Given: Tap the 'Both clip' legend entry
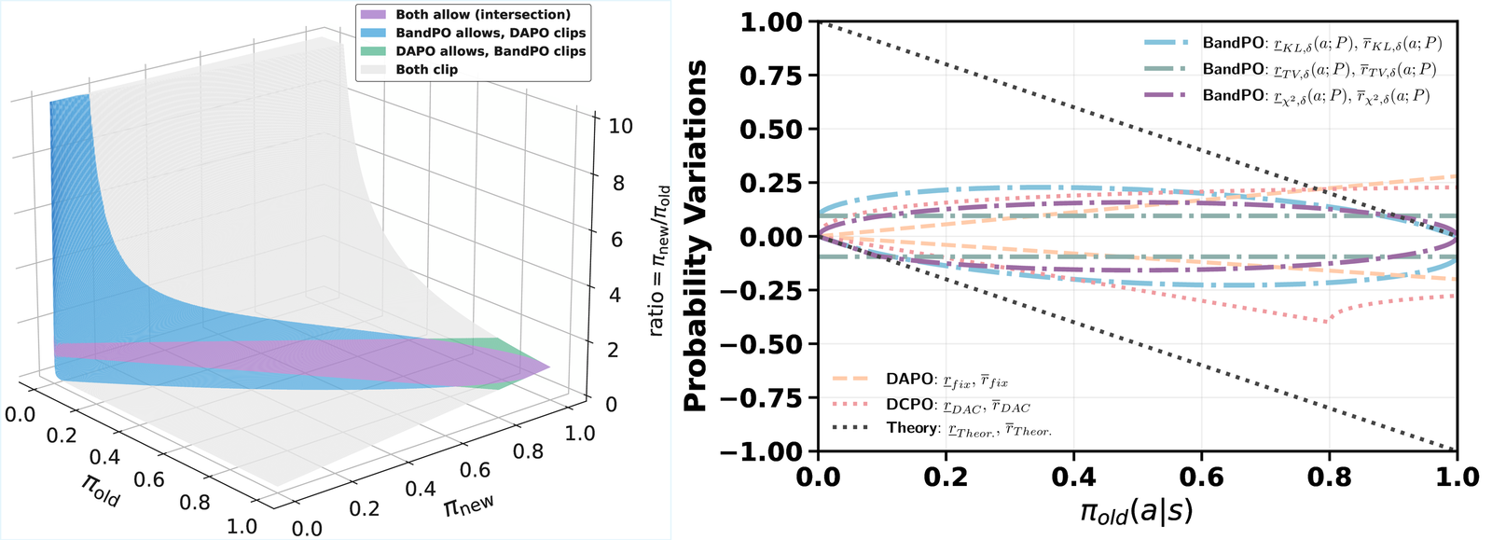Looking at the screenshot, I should (426, 69).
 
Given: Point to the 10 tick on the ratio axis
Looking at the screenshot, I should (620, 127).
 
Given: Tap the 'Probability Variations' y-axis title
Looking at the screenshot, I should (695, 236).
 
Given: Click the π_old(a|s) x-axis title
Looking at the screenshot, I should (1136, 512).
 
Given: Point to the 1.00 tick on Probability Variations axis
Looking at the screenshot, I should (771, 22).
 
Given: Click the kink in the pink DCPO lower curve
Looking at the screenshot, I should (1328, 322).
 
